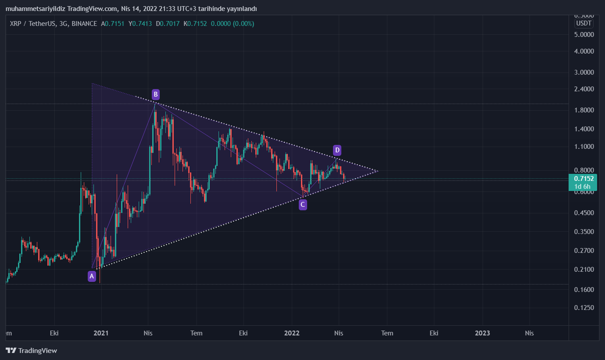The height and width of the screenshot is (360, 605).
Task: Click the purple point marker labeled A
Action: coord(92,276)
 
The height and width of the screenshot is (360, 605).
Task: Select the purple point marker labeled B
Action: coord(155,94)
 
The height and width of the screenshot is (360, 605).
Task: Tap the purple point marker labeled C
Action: coord(303,205)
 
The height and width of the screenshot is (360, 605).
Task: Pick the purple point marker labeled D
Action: coord(337,151)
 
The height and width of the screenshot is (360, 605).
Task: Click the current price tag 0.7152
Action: coord(584,179)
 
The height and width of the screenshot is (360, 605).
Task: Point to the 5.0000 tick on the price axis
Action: coord(584,34)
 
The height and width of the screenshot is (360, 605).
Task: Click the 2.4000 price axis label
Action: coord(584,89)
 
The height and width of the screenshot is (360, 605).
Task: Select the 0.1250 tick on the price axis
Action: coord(584,308)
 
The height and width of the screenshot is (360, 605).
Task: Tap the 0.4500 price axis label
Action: coord(584,213)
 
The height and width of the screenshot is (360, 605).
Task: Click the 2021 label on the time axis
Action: coord(101,333)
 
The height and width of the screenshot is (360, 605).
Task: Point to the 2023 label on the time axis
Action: coord(482,333)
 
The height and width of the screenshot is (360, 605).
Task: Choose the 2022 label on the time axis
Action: coord(291,333)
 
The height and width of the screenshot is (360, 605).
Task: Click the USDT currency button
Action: coord(584,23)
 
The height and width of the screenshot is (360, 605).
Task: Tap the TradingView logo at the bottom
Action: coord(32,350)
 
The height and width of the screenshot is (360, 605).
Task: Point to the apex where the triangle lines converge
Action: coord(378,171)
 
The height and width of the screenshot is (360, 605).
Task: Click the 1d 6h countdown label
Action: coord(584,187)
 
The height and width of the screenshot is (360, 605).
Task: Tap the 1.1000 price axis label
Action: coord(584,147)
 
